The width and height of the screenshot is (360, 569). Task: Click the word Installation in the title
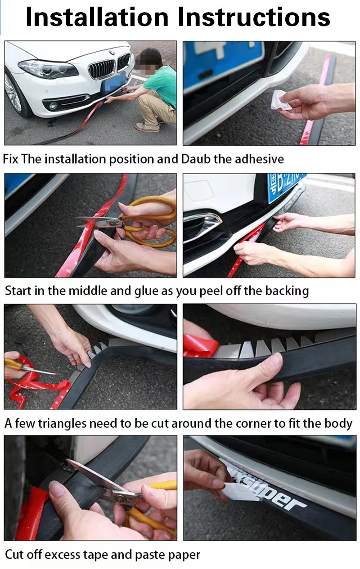click(x=97, y=17)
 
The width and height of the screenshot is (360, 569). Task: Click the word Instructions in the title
click(x=254, y=17)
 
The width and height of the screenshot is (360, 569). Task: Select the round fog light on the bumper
click(x=53, y=105)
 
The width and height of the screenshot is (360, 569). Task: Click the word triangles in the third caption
click(x=62, y=423)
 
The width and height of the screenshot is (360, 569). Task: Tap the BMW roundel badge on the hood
click(x=111, y=52)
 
